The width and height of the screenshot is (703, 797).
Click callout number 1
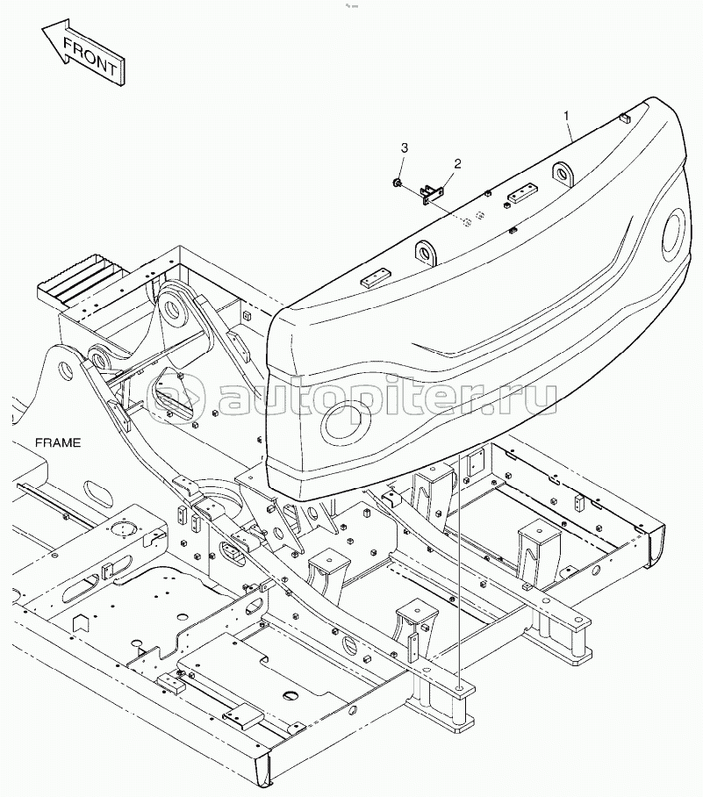point(566,116)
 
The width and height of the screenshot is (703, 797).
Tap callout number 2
point(457,163)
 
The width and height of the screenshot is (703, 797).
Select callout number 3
point(404,148)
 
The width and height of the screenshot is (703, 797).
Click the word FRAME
point(58,442)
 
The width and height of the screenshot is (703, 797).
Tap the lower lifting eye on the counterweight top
point(425,252)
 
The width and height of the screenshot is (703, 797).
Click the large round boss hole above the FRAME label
point(65,371)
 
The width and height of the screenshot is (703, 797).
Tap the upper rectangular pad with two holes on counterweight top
point(521,193)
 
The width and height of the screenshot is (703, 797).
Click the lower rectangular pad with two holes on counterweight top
point(376,281)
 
